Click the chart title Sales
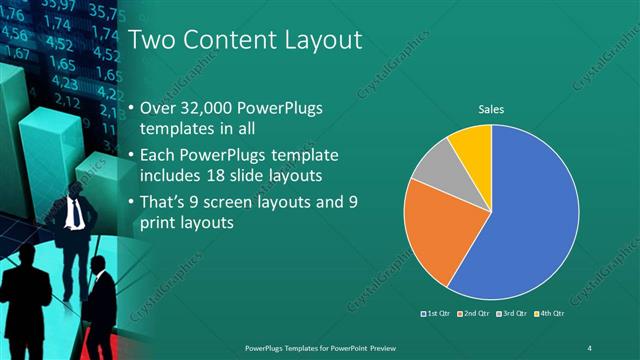coord(491,109)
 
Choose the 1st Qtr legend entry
coord(438,315)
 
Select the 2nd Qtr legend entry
coord(473,315)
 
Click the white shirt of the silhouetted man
coord(75,212)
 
